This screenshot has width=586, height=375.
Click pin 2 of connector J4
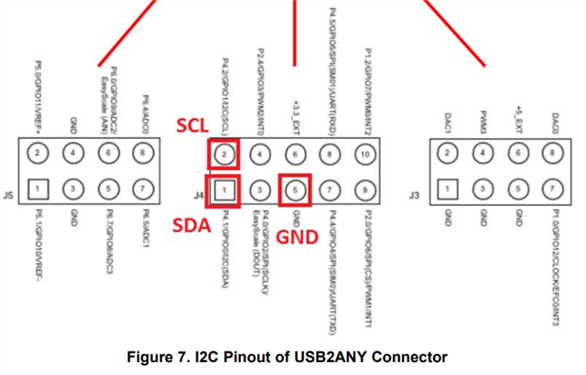(225, 155)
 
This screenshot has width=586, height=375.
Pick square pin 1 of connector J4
(225, 189)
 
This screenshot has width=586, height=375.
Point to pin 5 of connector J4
(295, 189)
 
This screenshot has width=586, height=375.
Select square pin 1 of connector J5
(38, 189)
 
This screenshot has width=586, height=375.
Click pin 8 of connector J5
(143, 155)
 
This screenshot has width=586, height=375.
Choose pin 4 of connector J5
(73, 155)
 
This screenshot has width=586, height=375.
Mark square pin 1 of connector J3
(448, 189)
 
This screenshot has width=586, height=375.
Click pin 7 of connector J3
(553, 189)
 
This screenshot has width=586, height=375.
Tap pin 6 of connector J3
(518, 155)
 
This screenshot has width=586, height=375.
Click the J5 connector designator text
(8, 194)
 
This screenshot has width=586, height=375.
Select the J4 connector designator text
(200, 194)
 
